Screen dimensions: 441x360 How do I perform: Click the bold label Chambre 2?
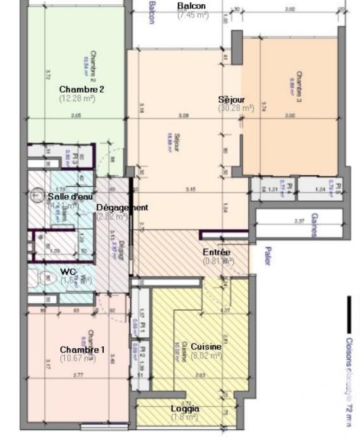point(82,89)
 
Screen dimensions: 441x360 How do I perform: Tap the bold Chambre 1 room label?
point(82,350)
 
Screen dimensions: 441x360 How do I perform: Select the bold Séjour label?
point(231,100)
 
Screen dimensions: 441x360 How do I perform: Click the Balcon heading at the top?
point(192,6)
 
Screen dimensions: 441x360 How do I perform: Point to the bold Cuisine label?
point(206,346)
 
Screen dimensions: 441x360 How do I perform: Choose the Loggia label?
point(185,408)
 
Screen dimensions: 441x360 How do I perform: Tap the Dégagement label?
point(122,208)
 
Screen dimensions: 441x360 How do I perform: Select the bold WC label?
point(68,271)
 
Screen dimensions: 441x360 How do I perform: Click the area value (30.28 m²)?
point(236,109)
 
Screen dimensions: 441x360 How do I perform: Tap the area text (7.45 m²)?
point(193,15)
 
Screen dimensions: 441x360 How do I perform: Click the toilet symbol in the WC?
point(46,278)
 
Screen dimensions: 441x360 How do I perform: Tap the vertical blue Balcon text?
point(152,12)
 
